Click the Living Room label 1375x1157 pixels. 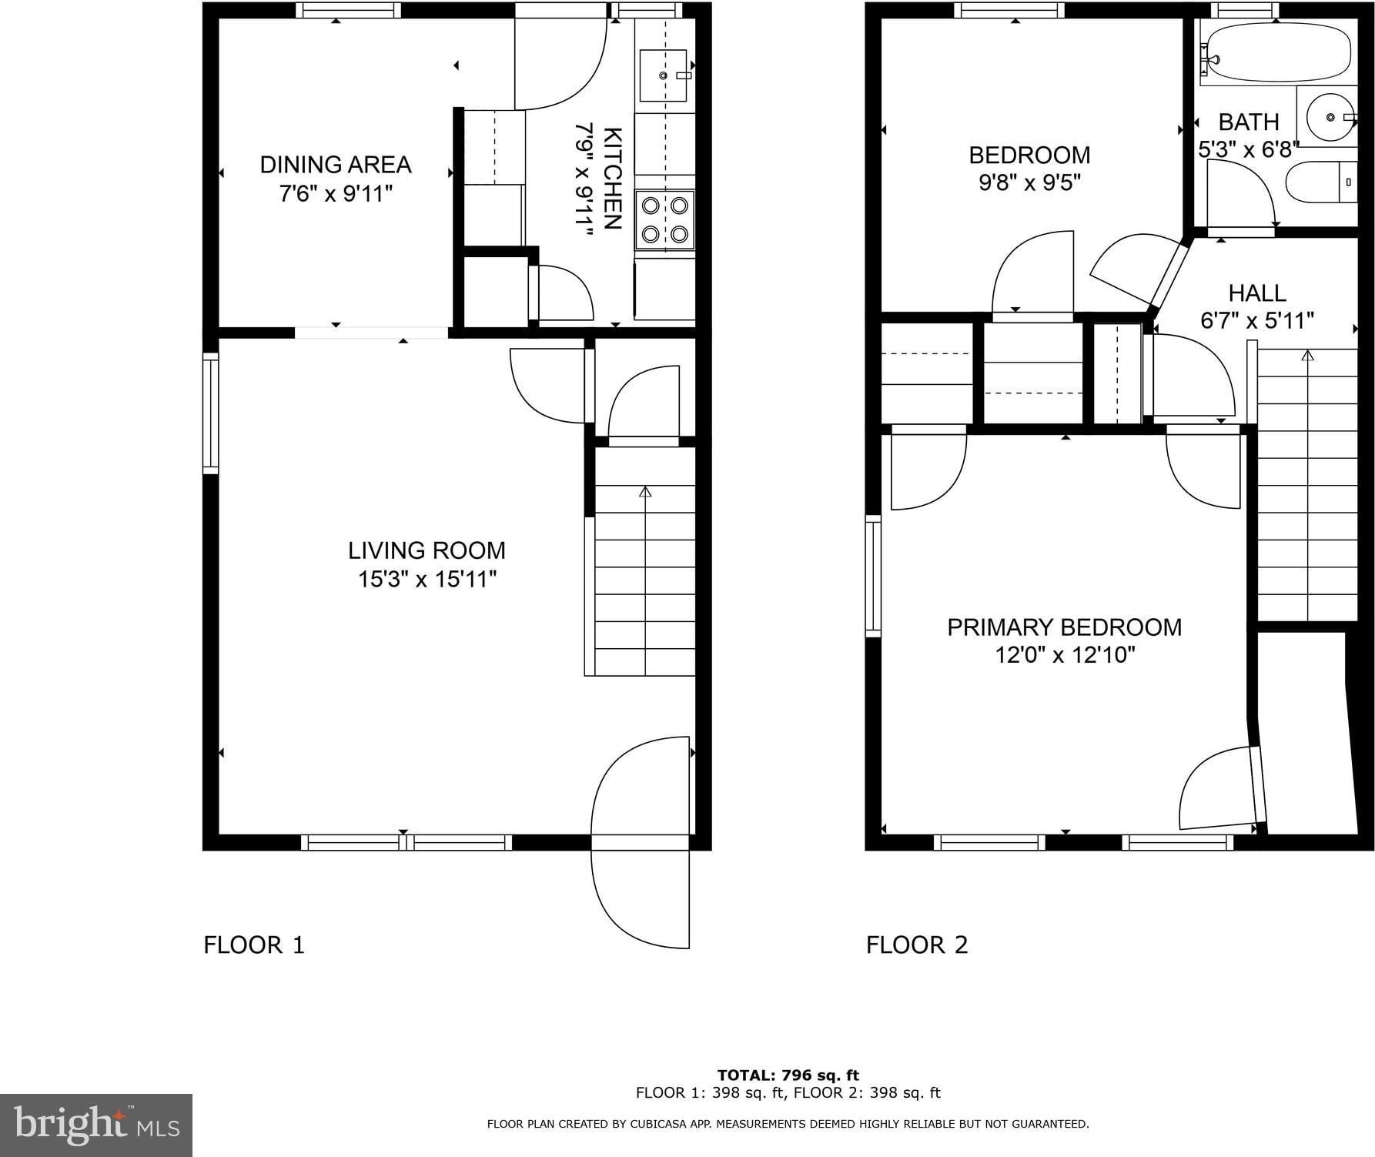pyautogui.click(x=427, y=550)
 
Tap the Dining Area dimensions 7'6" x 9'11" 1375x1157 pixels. pyautogui.click(x=336, y=193)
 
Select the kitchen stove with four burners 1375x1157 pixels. pyautogui.click(x=665, y=220)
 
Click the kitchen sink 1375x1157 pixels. pyautogui.click(x=663, y=75)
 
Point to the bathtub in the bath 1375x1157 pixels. pyautogui.click(x=1275, y=52)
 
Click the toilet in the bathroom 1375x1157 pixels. pyautogui.click(x=1321, y=182)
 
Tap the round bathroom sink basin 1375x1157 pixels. pyautogui.click(x=1331, y=117)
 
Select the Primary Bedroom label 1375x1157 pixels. pyautogui.click(x=1064, y=627)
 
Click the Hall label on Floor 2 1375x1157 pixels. pyautogui.click(x=1257, y=293)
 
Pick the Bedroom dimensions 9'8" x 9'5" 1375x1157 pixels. pyautogui.click(x=1030, y=183)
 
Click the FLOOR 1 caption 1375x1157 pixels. pyautogui.click(x=254, y=945)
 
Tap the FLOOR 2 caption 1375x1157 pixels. pyautogui.click(x=917, y=945)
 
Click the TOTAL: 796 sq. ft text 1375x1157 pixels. pyautogui.click(x=788, y=1075)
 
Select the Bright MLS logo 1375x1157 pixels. pyautogui.click(x=96, y=1125)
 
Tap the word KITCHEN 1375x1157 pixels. pyautogui.click(x=613, y=178)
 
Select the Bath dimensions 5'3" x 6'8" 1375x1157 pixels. pyautogui.click(x=1249, y=149)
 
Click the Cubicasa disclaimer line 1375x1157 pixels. pyautogui.click(x=788, y=1124)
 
